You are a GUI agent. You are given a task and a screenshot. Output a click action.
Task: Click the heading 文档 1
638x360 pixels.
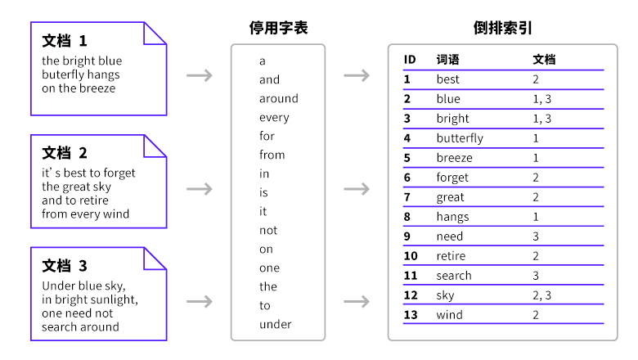[65, 41]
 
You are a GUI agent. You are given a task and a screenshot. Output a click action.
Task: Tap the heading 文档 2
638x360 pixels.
[65, 153]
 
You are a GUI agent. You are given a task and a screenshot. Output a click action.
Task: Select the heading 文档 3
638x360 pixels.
[65, 266]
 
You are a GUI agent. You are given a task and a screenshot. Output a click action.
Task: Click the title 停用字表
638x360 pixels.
[278, 28]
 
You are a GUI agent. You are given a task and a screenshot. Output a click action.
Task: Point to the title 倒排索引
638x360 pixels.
[502, 28]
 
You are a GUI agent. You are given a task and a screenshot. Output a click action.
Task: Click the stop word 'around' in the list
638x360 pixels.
[279, 98]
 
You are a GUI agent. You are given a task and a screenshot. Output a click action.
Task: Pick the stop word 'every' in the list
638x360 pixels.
[274, 118]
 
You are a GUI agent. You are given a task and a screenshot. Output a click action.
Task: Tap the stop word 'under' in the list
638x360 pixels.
[276, 324]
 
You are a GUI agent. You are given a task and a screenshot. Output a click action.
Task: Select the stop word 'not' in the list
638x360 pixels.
[268, 231]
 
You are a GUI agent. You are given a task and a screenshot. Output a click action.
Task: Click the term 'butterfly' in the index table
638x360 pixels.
[460, 138]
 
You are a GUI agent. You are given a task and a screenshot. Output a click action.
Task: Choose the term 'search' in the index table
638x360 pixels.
[454, 276]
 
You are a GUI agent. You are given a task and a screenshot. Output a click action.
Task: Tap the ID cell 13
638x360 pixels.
[411, 315]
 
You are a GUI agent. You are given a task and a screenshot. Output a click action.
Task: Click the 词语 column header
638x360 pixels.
[447, 60]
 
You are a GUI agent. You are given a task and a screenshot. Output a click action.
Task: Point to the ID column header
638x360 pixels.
[410, 60]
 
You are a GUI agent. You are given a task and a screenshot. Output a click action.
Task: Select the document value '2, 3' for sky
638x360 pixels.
[542, 295]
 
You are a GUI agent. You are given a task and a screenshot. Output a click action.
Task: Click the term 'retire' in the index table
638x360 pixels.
[451, 256]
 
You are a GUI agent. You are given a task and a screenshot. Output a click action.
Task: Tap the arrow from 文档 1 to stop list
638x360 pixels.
[200, 75]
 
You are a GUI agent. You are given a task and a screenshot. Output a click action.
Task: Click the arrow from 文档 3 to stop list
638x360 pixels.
[200, 301]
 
